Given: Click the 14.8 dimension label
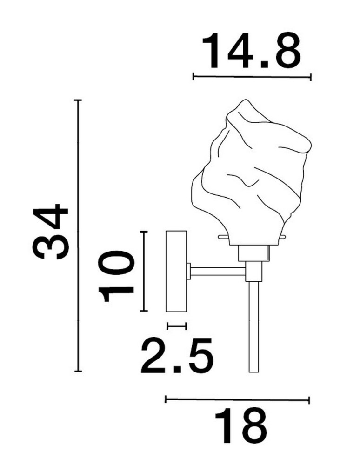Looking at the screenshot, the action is tap(251, 51).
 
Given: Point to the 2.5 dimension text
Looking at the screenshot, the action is tap(177, 355).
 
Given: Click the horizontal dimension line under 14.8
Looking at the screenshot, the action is tap(252, 77).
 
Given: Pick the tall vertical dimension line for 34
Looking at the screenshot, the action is tap(78, 235).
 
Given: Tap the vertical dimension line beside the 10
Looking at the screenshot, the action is tap(144, 271).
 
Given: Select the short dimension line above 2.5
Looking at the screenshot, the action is tap(177, 326).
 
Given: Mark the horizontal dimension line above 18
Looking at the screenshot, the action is tap(237, 400).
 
